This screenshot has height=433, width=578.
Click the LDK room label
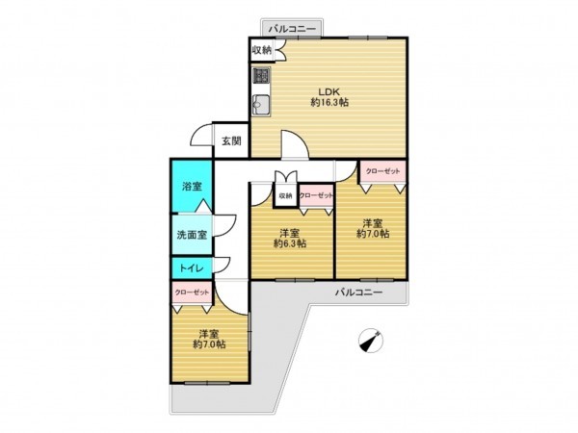(328, 91)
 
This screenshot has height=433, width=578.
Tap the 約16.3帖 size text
(329, 103)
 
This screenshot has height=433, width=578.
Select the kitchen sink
(261, 105)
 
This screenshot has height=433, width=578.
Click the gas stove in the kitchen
(261, 76)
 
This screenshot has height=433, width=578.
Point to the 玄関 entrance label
(231, 141)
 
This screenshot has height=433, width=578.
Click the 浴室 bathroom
(192, 186)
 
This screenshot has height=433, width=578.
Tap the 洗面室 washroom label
(192, 235)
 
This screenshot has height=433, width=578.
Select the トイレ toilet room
(192, 268)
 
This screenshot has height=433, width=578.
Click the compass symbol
(371, 340)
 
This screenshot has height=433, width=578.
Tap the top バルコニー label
(292, 29)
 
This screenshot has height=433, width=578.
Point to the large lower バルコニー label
(358, 293)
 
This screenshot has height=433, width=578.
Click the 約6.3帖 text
(290, 243)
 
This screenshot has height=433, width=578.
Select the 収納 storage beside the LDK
(262, 50)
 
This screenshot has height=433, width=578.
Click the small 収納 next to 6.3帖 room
(285, 195)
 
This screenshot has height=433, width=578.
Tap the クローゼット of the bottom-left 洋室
(192, 293)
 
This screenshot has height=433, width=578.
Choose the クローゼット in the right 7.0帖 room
(382, 171)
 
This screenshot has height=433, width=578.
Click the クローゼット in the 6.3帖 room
(316, 196)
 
